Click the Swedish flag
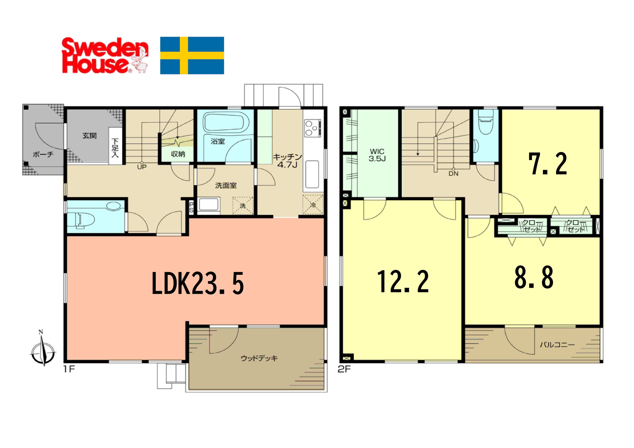tap(192, 55)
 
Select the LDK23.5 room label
tap(198, 283)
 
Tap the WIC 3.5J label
tap(377, 155)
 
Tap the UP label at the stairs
tap(142, 167)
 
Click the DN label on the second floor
tap(453, 173)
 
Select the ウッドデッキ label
tap(259, 358)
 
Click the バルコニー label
tap(557, 345)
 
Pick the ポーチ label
tap(43, 154)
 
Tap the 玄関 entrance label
tap(89, 136)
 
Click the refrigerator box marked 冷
tap(313, 204)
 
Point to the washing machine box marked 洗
tap(243, 206)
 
